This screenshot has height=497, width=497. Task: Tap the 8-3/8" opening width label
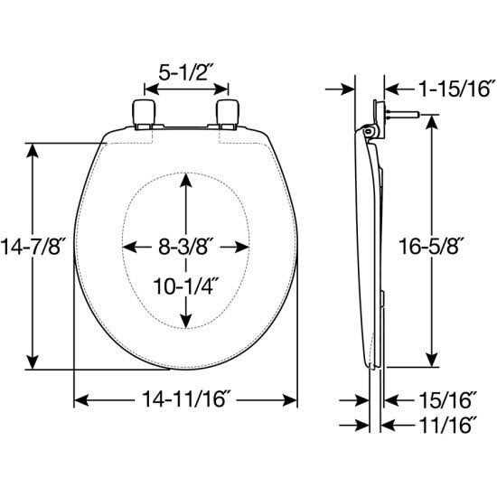point(185,246)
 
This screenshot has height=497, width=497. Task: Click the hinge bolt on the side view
point(398,116)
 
